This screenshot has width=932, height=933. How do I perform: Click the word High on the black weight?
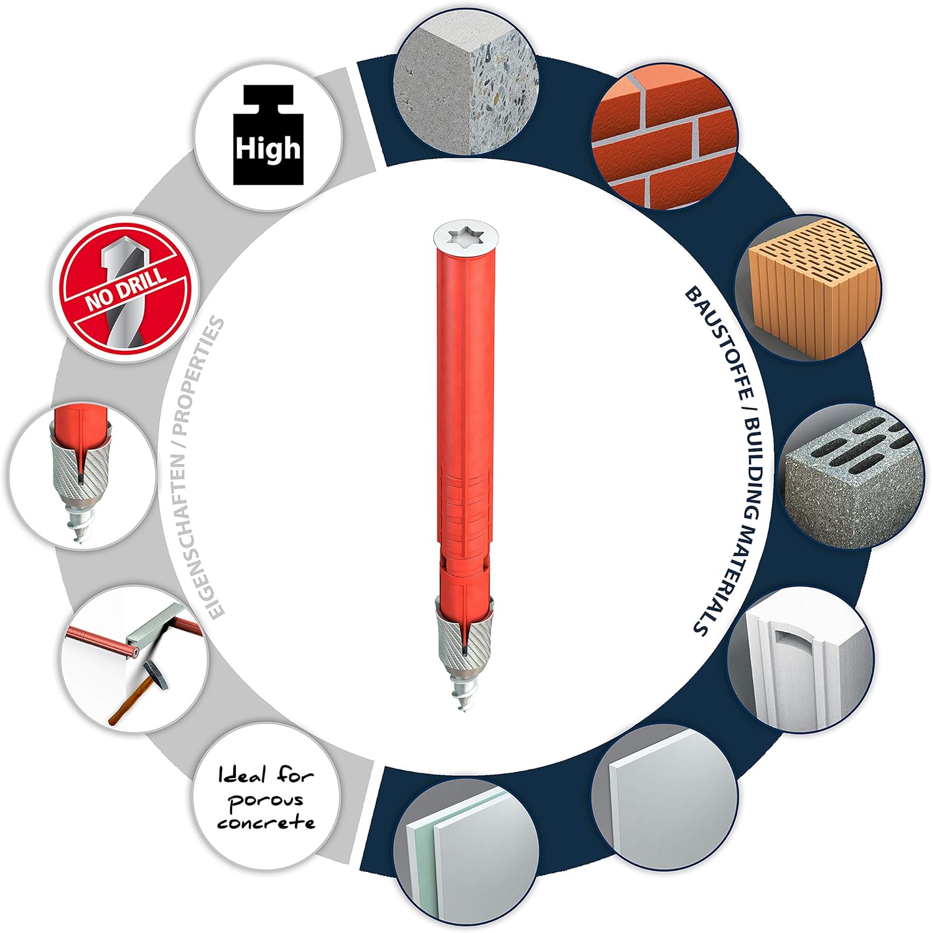(268, 149)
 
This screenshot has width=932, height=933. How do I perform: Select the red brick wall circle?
(664, 142)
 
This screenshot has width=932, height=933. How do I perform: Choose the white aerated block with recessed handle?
(801, 659)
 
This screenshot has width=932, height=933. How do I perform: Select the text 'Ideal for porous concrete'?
(267, 799)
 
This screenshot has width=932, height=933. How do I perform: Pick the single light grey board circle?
(664, 797)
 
